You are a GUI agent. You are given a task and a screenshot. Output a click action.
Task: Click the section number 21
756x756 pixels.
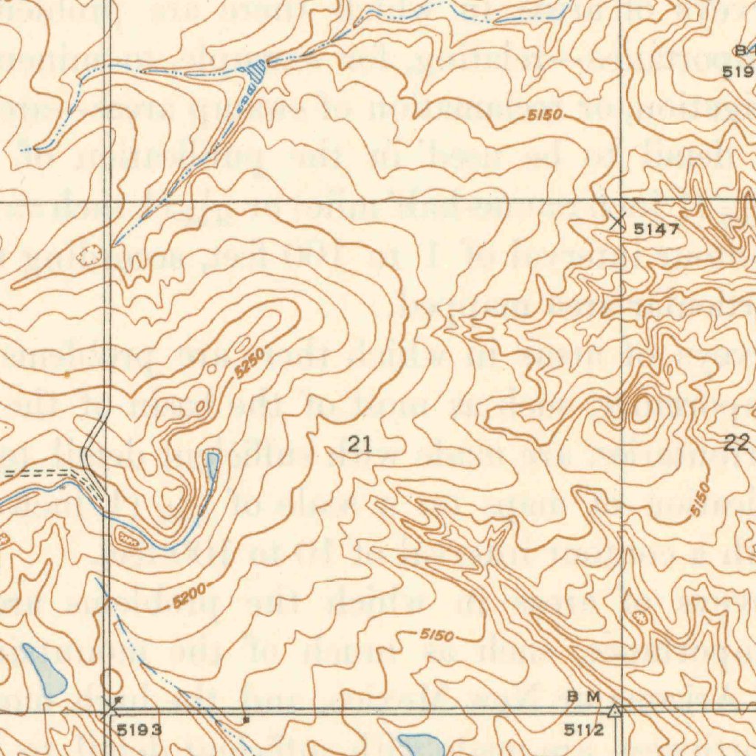pos(360,444)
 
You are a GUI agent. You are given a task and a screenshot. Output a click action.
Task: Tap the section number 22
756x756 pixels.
pos(736,443)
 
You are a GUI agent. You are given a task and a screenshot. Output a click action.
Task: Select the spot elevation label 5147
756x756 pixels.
pos(656,230)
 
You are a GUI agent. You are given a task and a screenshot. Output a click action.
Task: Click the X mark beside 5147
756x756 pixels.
pos(619,220)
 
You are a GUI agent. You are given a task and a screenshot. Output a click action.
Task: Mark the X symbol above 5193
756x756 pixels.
pos(111,709)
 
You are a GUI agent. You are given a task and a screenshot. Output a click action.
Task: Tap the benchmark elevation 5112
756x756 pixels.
pos(584,731)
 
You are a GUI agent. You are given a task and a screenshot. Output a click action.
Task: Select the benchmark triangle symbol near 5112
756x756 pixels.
pos(614,711)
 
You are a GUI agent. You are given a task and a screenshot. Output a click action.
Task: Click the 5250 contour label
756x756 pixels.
pos(250,364)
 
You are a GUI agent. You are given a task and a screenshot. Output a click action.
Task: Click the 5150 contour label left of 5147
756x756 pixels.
pos(545,116)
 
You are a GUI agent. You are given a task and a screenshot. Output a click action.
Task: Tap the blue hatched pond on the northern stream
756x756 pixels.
pos(255,71)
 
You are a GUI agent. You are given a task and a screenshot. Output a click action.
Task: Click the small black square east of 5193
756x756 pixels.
pos(246,718)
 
